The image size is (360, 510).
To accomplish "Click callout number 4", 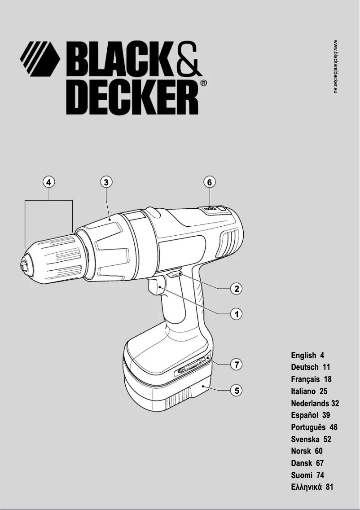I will click(x=48, y=182).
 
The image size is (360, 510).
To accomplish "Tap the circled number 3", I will click(x=105, y=182).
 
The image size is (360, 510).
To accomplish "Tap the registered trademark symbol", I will click(x=203, y=83).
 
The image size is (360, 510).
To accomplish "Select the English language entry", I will click(x=307, y=356).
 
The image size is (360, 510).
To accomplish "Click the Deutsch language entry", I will click(x=310, y=367).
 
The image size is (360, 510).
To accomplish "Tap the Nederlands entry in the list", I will click(x=315, y=403).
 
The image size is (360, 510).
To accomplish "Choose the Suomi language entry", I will click(x=307, y=475).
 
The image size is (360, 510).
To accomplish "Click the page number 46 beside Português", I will click(x=333, y=427).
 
